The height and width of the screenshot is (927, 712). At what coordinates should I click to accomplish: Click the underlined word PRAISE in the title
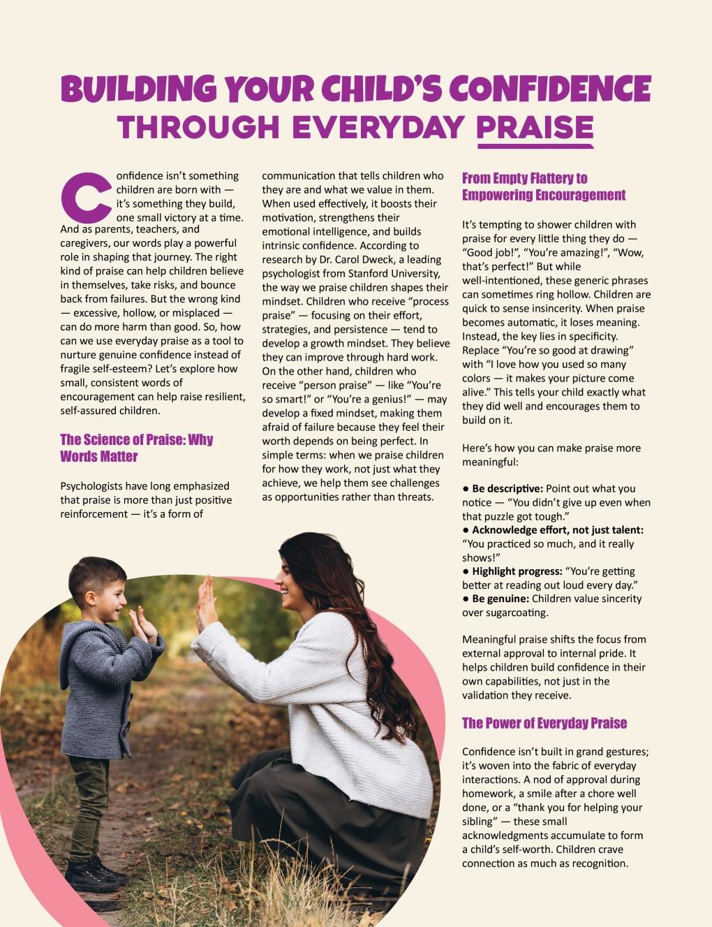click(535, 127)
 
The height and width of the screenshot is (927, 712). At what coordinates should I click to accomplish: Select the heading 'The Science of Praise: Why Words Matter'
click(137, 448)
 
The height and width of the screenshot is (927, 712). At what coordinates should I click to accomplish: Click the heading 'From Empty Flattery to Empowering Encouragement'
click(544, 187)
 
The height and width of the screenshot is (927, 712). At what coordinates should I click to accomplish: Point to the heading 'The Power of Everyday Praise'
click(544, 723)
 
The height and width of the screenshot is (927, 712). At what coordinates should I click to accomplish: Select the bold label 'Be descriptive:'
click(507, 488)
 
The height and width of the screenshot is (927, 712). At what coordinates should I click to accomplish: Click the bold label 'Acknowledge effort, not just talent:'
click(558, 530)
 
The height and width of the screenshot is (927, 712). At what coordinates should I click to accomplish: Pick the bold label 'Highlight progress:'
click(517, 571)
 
